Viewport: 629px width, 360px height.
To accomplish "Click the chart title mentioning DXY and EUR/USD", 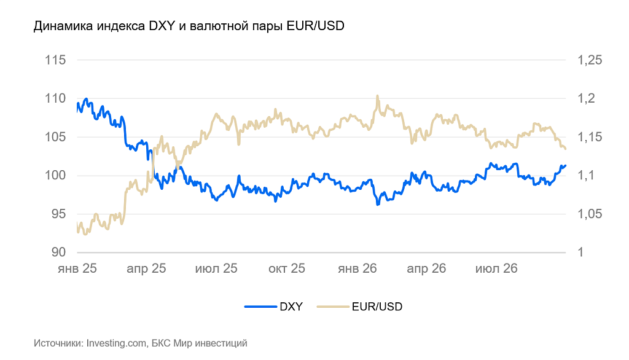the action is [x=189, y=26].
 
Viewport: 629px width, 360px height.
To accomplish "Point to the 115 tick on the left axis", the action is [x=55, y=60].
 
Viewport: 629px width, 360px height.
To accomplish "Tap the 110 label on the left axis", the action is [x=55, y=98].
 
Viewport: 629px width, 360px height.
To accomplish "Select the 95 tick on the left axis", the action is [x=58, y=214].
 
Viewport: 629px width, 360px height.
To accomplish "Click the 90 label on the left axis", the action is [x=58, y=252].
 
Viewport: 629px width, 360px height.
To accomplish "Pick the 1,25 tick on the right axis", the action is [x=590, y=60].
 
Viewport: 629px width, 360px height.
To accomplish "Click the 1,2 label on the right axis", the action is [x=586, y=98].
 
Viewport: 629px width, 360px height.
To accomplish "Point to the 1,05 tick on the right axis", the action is [x=590, y=214].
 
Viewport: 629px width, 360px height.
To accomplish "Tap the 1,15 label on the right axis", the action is [x=590, y=137].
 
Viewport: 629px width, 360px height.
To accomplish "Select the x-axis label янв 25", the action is [x=77, y=268].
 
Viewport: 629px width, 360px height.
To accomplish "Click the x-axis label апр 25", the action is [x=146, y=268].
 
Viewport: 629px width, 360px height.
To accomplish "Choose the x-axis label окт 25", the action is [x=287, y=268].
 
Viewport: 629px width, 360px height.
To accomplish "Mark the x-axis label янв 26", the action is [x=357, y=268].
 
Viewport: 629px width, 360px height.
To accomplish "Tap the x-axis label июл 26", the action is [x=496, y=268].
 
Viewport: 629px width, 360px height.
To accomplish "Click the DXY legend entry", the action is [x=273, y=307].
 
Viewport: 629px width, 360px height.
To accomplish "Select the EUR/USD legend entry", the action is [x=359, y=307].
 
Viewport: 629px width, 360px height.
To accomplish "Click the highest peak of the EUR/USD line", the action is [x=378, y=96].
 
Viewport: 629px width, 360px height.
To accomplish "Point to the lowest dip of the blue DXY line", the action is [x=378, y=205].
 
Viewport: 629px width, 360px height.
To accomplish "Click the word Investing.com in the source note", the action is [x=116, y=343].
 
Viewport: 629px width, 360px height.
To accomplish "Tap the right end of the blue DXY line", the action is [x=566, y=165].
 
